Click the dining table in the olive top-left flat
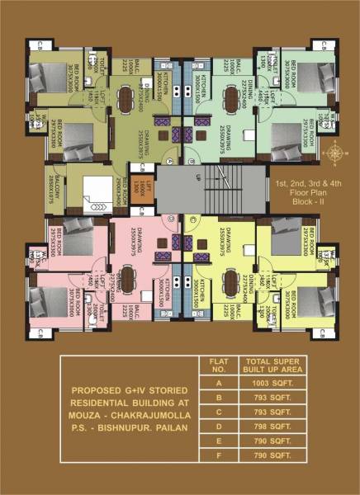126,97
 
